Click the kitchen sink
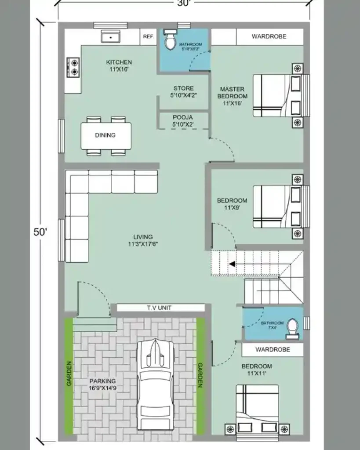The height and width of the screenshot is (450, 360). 110,37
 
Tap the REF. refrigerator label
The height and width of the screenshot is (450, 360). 148,37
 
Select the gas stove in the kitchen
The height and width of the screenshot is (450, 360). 73,67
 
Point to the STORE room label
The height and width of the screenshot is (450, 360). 183,88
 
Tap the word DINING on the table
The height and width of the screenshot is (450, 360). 105,135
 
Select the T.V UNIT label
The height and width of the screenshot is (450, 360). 159,308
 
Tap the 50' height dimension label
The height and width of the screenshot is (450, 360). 40,232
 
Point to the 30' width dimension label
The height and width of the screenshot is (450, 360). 185,4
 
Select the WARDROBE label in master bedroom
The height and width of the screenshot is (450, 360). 269,36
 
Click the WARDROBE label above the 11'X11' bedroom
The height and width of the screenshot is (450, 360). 273,350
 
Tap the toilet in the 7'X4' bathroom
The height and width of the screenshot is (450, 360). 292,327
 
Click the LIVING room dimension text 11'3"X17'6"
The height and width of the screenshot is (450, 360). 143,244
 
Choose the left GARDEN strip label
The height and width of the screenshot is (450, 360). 69,374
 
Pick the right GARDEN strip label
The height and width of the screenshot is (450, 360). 200,375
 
